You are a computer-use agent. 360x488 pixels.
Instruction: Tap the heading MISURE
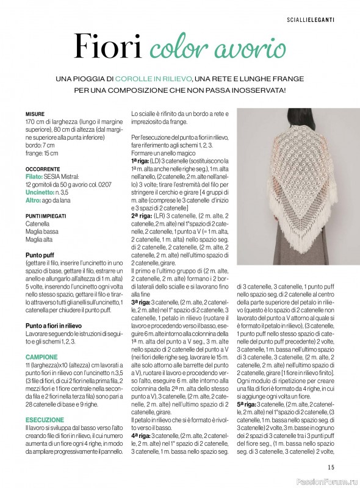pyautogui.click(x=35, y=114)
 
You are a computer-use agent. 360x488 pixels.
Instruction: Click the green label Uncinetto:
pyautogui.click(x=41, y=192)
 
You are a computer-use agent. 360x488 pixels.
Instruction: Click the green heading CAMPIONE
pyautogui.click(x=41, y=356)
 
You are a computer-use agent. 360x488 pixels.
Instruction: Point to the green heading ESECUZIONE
pyautogui.click(x=45, y=420)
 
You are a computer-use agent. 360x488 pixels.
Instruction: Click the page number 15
pyautogui.click(x=330, y=467)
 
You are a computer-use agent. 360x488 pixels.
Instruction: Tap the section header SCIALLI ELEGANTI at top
pyautogui.click(x=311, y=21)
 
